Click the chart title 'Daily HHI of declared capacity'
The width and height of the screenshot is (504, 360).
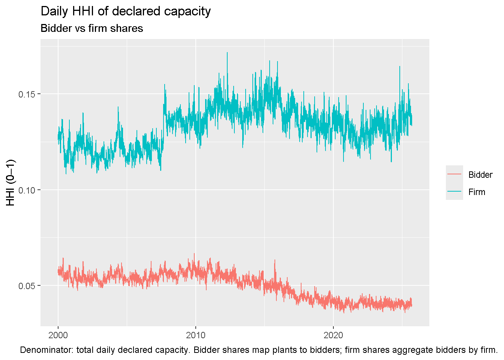[x=126, y=11]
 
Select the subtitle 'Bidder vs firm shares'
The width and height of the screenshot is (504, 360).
[x=91, y=28]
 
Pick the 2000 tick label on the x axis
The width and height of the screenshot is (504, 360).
[x=58, y=335]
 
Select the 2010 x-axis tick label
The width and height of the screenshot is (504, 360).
[x=195, y=335]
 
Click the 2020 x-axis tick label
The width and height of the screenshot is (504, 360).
[x=333, y=335]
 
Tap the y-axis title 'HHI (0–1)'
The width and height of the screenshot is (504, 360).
[x=11, y=183]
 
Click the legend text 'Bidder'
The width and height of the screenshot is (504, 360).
[x=480, y=175]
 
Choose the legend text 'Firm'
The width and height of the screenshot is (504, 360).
[x=477, y=192]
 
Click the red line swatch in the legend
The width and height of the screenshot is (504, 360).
[x=454, y=174]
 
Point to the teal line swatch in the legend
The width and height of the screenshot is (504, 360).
[x=454, y=192]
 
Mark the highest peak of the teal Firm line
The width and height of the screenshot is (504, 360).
[x=227, y=53]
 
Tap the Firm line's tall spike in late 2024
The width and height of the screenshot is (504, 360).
[x=400, y=67]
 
